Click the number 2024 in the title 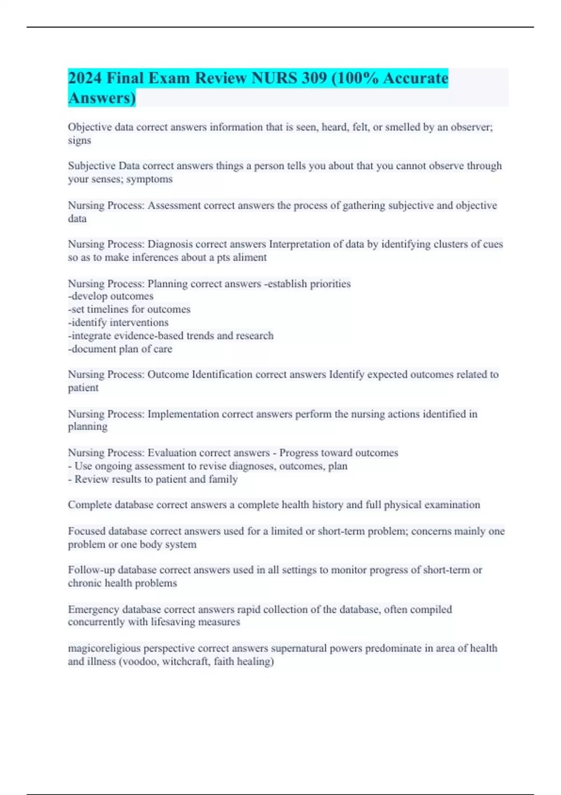click(85, 78)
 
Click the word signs click(79, 141)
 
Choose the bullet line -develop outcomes click(111, 296)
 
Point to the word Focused click(86, 531)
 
